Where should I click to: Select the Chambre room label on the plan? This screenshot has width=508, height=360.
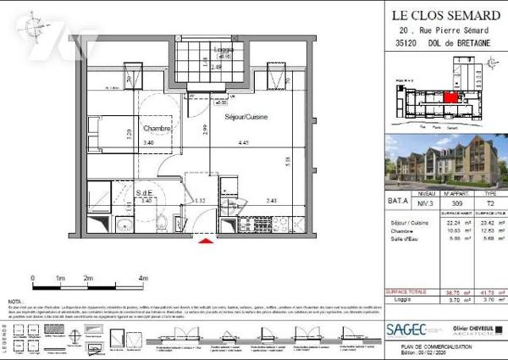157,128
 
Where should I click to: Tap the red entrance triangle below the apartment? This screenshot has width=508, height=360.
204,243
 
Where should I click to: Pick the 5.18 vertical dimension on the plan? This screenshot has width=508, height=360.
289,160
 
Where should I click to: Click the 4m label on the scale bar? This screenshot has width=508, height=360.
143,278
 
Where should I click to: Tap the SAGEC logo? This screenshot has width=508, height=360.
407,329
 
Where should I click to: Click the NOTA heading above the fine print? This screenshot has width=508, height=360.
14,301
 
